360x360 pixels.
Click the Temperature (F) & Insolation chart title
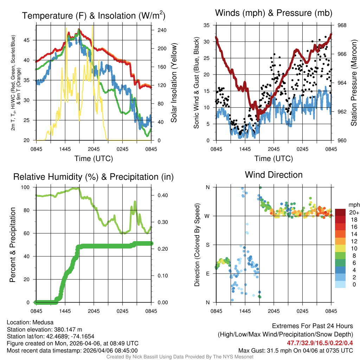(x=94, y=16)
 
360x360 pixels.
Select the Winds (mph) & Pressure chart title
(x=274, y=13)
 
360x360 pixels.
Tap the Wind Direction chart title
(x=274, y=175)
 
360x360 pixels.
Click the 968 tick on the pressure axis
(x=342, y=25)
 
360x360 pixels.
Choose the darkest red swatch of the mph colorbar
(x=340, y=212)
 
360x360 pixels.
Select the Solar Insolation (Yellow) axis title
(x=173, y=83)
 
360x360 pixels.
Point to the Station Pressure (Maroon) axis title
(x=354, y=83)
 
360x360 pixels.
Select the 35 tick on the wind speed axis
(x=207, y=25)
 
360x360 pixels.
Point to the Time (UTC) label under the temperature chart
(x=94, y=159)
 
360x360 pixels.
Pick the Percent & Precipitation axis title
(x=13, y=244)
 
